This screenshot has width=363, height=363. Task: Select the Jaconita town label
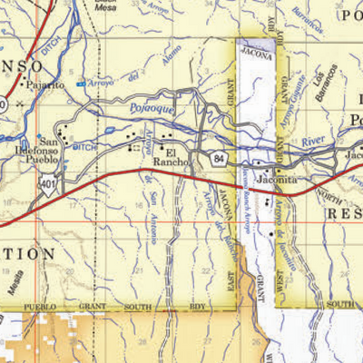[277, 180]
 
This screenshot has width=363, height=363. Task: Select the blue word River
[313, 141]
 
